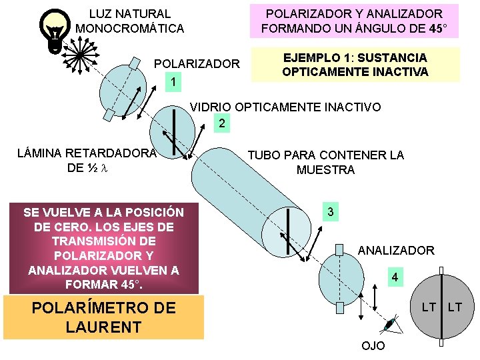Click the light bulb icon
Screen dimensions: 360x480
pos(53,30)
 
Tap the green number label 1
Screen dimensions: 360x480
pos(173,82)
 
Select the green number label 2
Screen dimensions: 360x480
pos(222,123)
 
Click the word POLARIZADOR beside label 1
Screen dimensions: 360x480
pos(197,64)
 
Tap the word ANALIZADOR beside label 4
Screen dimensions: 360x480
pos(396,251)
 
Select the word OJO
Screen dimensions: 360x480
pos(372,347)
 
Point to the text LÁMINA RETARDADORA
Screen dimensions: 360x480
pos(86,153)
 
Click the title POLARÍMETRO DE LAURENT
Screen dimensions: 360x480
pos(103,317)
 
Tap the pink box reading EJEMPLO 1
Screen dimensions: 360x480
pos(355,65)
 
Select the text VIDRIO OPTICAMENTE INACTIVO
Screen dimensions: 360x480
pos(285,107)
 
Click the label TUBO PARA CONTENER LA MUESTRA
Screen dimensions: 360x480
pos(325,162)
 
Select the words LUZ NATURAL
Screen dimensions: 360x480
pos(130,13)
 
